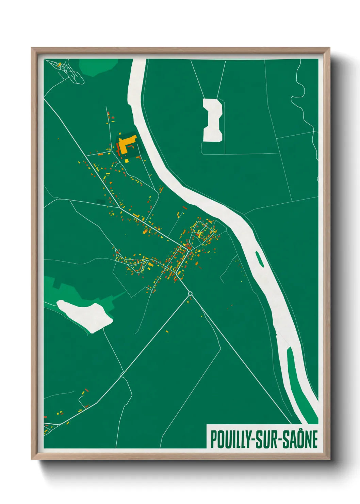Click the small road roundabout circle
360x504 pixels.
pyautogui.click(x=190, y=294)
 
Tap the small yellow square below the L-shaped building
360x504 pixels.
pyautogui.click(x=127, y=160)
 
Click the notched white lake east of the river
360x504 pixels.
pyautogui.click(x=213, y=120)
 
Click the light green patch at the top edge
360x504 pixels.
pyautogui.click(x=99, y=66)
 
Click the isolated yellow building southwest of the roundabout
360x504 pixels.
pyautogui.click(x=167, y=331)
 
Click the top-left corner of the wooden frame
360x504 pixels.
pyautogui.click(x=32, y=48)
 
